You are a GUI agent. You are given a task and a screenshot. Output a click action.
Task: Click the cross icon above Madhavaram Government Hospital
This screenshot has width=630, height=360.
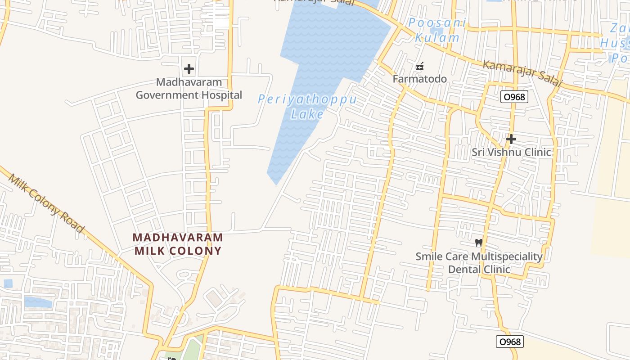coord(189,69)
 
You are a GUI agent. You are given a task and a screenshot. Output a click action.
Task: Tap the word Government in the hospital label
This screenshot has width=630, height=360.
coord(167,95)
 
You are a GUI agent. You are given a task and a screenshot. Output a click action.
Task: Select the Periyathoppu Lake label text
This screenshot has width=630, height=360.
coord(307,106)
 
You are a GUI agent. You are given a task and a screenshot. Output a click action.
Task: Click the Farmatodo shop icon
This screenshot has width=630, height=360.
coord(420,67)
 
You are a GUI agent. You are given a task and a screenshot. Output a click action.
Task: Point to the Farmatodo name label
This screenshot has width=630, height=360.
coord(419,79)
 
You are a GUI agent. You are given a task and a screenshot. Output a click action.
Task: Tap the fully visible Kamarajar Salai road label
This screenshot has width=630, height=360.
coord(522,73)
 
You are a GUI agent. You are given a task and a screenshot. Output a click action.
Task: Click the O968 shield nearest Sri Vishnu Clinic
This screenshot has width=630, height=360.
coord(513,97)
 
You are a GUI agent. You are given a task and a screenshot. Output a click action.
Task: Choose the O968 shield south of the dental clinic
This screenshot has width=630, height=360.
coord(510,342)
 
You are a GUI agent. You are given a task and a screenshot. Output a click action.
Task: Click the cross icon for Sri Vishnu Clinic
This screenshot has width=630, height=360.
coord(511,139)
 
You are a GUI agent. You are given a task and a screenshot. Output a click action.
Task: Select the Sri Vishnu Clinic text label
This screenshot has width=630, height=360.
coord(511,152)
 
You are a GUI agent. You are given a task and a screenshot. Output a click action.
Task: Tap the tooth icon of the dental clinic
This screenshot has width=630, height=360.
coord(479,243)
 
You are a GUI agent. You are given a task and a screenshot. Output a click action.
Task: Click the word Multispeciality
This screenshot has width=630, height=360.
coord(506,256)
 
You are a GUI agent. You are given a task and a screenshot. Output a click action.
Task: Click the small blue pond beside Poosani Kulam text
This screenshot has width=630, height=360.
coord(436,31)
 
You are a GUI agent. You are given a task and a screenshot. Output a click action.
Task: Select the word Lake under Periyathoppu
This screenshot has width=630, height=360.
coord(307,114)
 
